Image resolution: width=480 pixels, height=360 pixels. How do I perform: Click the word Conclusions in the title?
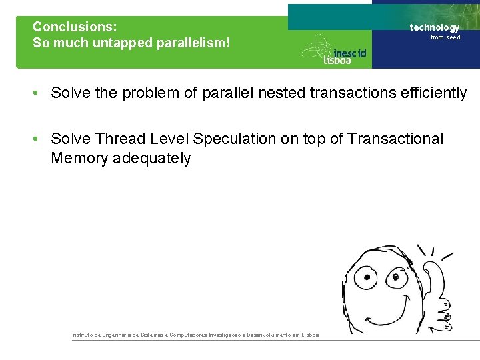[x=75, y=27]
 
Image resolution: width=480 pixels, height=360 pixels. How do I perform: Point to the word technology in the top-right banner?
[x=434, y=27]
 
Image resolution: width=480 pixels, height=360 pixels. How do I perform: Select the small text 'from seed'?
[x=445, y=37]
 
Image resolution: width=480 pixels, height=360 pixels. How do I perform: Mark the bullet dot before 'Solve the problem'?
[x=38, y=93]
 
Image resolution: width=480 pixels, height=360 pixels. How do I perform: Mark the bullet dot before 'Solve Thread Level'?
[x=38, y=139]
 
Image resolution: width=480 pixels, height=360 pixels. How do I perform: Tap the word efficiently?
[x=434, y=93]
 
